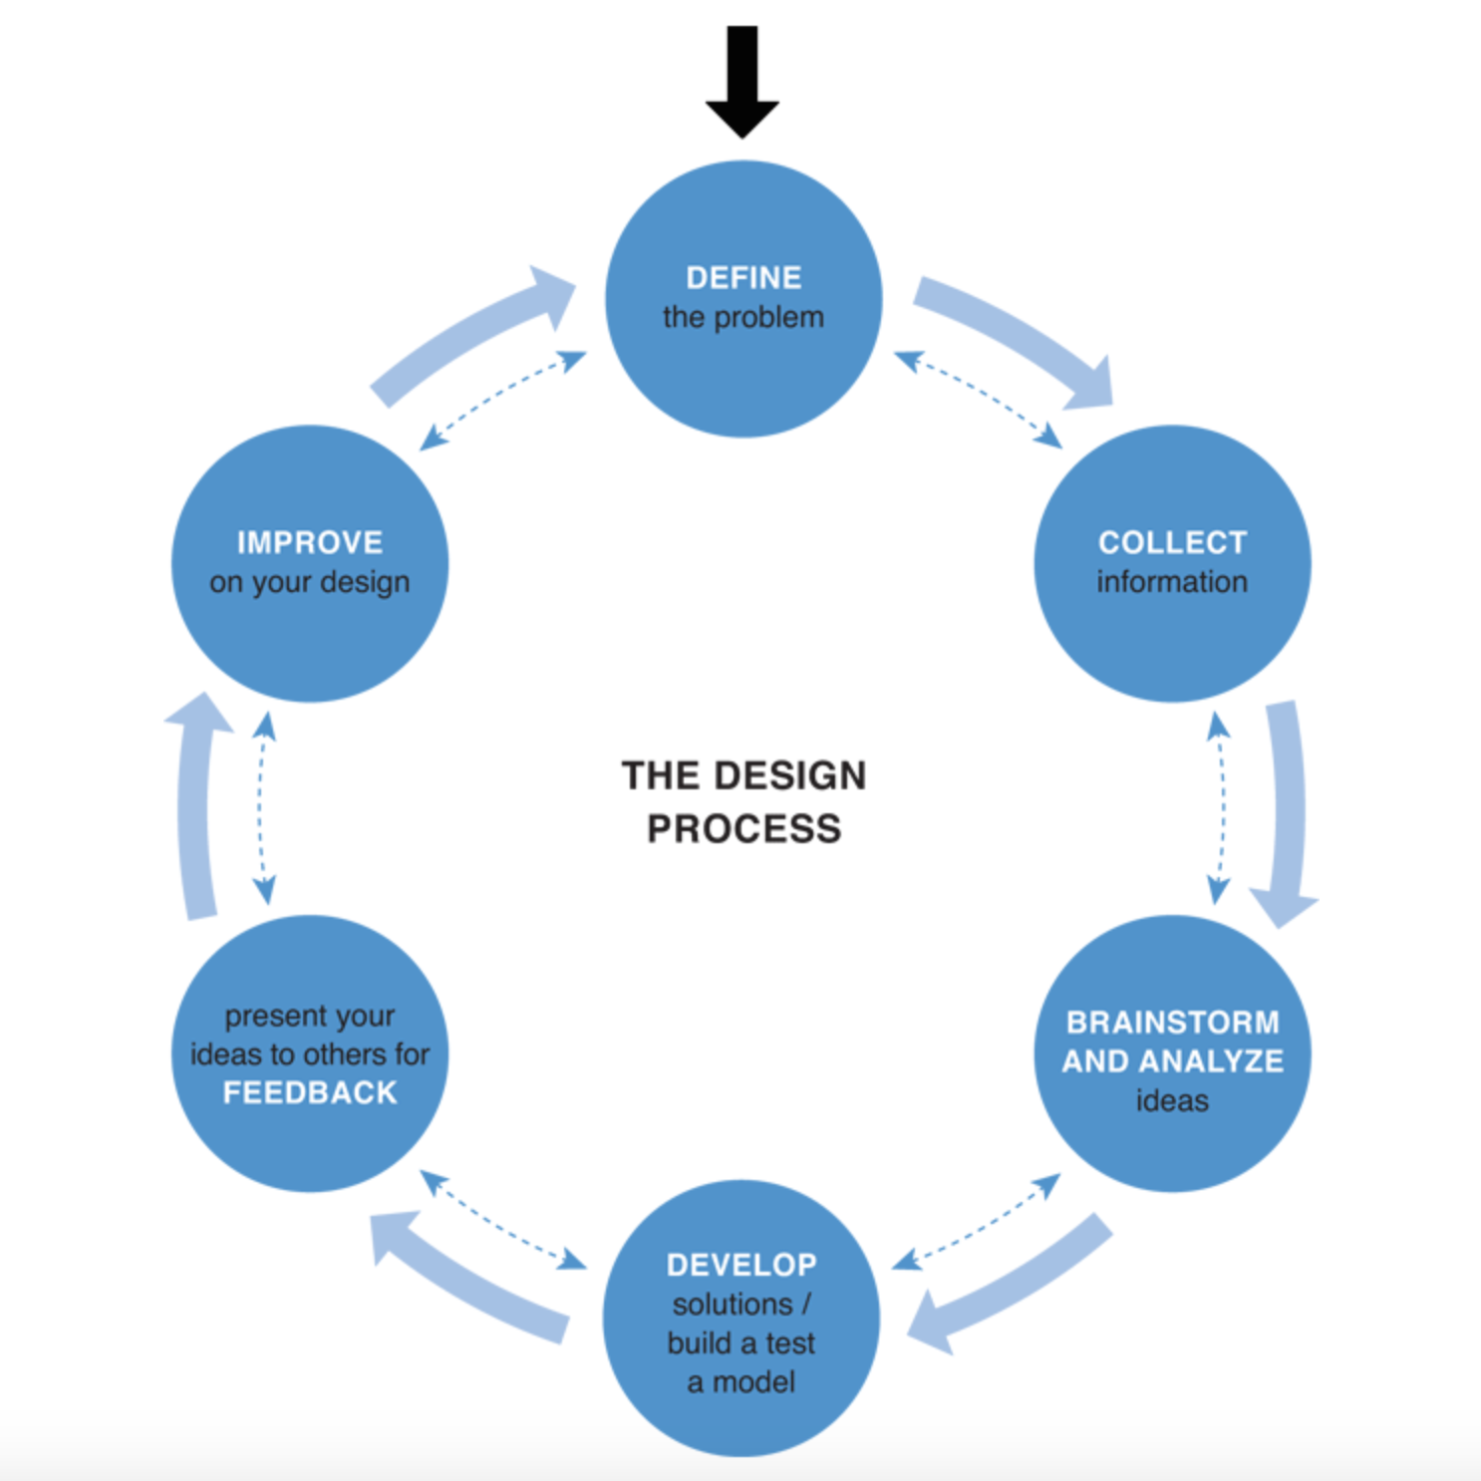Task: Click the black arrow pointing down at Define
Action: pyautogui.click(x=742, y=80)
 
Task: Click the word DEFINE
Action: pyautogui.click(x=743, y=278)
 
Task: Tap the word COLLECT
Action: pyautogui.click(x=1172, y=542)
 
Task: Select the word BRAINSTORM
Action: pyautogui.click(x=1172, y=1023)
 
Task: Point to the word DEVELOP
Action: pyautogui.click(x=741, y=1265)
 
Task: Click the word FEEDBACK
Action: pyautogui.click(x=310, y=1093)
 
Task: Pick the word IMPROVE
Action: pyautogui.click(x=310, y=542)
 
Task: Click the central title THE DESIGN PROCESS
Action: pyautogui.click(x=743, y=802)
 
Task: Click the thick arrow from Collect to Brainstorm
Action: pyautogui.click(x=1288, y=807)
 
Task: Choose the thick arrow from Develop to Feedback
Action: pyautogui.click(x=468, y=1281)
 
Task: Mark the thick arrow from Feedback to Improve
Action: pyautogui.click(x=196, y=807)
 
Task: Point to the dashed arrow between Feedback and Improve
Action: pyautogui.click(x=263, y=807)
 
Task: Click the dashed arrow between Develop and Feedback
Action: pyautogui.click(x=503, y=1220)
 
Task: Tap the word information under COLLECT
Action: pyautogui.click(x=1172, y=582)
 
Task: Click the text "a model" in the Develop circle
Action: pyautogui.click(x=741, y=1382)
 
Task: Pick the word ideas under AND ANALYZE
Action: pyautogui.click(x=1172, y=1101)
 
